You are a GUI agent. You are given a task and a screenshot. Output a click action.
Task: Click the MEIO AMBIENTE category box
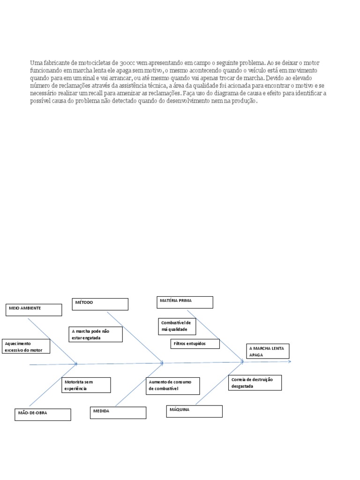(x=34, y=309)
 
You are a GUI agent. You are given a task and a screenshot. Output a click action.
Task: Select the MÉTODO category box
(x=100, y=304)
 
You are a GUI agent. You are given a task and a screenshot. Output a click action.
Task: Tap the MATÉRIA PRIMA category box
(x=185, y=302)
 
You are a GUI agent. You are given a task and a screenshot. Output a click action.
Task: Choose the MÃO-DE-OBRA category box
(x=43, y=414)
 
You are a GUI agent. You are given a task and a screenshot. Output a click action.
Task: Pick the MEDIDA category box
(x=118, y=412)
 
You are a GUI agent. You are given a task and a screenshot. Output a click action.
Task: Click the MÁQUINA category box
(x=194, y=411)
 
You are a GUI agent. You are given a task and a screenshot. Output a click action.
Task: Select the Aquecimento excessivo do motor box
(x=26, y=346)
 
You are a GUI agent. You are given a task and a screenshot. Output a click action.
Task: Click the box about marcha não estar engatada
(x=95, y=334)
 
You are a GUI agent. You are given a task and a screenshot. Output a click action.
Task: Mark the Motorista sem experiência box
(x=86, y=385)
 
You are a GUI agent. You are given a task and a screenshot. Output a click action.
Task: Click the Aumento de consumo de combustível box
(x=172, y=386)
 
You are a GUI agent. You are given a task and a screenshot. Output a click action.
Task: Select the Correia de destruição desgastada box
(x=255, y=382)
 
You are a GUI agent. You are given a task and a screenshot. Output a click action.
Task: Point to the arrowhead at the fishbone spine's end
(x=289, y=361)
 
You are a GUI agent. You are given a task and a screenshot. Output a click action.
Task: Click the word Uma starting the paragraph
(x=36, y=62)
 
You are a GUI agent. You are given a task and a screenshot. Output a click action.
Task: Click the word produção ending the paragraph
(x=246, y=101)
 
